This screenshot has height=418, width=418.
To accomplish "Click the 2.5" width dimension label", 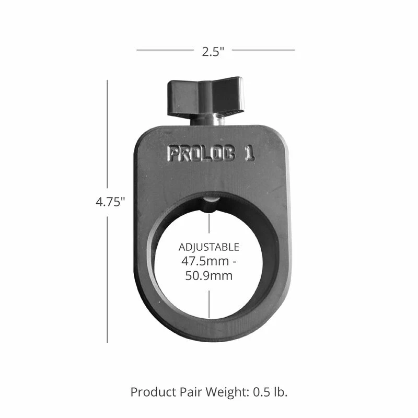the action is pyautogui.click(x=213, y=51).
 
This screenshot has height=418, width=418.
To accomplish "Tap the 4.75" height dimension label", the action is pyautogui.click(x=110, y=202).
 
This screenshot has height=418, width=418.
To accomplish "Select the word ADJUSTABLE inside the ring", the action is pyautogui.click(x=208, y=247).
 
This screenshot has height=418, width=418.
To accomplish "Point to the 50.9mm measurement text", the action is pyautogui.click(x=209, y=276).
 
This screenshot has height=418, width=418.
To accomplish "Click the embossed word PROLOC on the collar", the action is pyautogui.click(x=201, y=154).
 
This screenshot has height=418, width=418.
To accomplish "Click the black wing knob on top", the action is pyautogui.click(x=205, y=96).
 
